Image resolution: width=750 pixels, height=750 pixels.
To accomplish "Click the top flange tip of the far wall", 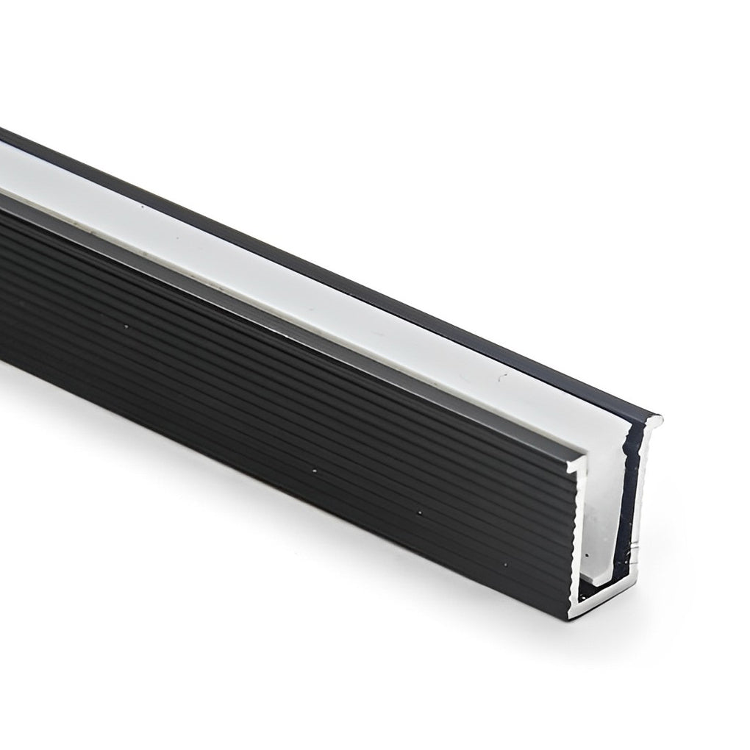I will (x=659, y=420).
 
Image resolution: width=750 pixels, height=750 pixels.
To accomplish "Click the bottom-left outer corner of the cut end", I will (x=570, y=616).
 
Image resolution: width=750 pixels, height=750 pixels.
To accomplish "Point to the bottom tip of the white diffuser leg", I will (x=600, y=582).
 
